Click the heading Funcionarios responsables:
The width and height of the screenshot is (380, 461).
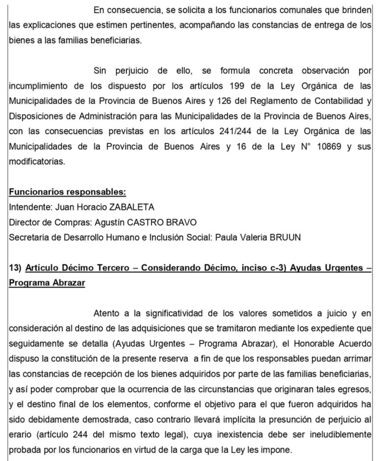(x=67, y=192)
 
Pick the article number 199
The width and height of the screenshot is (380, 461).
(x=237, y=86)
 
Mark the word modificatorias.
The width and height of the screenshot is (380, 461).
(x=37, y=162)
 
